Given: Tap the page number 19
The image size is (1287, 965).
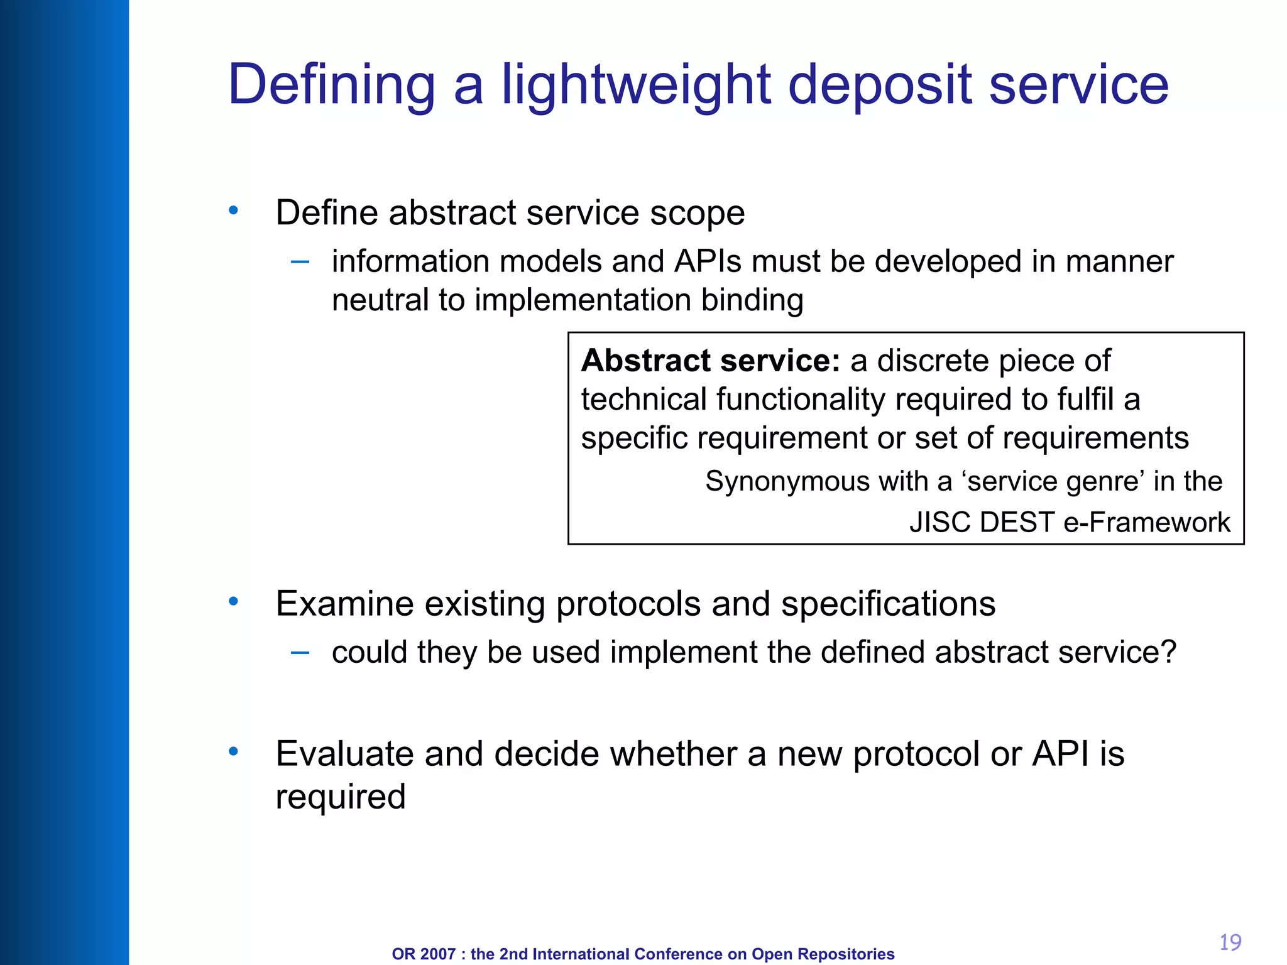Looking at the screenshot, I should (x=1230, y=942).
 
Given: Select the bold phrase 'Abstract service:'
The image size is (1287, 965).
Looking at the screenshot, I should (x=710, y=361).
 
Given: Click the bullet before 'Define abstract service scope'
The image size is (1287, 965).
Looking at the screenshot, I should (x=233, y=210).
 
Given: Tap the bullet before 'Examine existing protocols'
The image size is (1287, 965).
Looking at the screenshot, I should (x=233, y=602).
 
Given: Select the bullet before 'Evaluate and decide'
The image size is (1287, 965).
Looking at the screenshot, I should (x=233, y=751).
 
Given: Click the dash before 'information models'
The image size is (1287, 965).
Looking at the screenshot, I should (x=300, y=262).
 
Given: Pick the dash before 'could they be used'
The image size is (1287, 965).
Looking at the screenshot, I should (x=300, y=653).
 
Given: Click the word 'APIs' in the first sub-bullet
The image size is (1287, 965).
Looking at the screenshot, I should (x=708, y=261).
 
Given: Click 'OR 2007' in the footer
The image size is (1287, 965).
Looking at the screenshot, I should (x=423, y=954).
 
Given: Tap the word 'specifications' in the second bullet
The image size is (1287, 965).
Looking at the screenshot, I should (x=887, y=604).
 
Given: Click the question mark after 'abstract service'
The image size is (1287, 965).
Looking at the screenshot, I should (x=1168, y=652).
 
